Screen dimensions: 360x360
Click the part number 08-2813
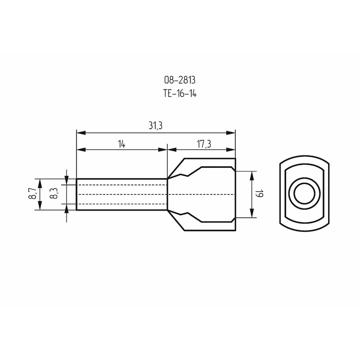[x=180, y=80]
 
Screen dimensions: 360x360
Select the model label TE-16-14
[x=180, y=94]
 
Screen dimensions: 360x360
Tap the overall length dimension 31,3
[x=156, y=126]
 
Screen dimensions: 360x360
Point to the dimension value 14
[x=121, y=144]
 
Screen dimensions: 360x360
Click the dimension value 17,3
[x=204, y=144]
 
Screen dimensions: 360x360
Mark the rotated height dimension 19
[x=260, y=194]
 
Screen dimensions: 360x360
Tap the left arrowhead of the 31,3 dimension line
[x=81, y=133]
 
